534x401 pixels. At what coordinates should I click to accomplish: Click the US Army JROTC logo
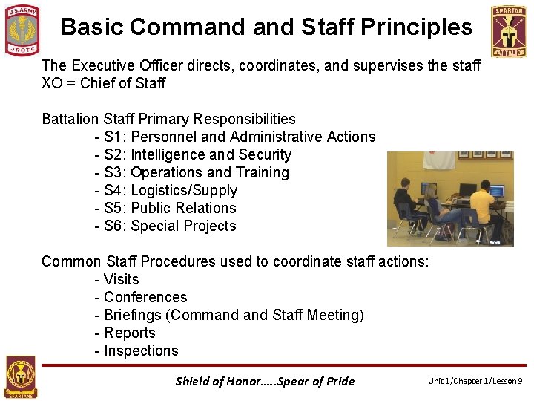coord(22,30)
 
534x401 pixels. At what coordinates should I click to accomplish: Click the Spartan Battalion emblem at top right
coord(508,30)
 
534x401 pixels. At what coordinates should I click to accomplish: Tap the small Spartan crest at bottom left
coord(21,377)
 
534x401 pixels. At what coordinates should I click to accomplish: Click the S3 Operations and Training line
coord(191,172)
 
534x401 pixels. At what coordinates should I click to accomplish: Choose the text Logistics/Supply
coord(184,190)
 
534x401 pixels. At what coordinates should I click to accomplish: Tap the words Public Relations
coord(183,208)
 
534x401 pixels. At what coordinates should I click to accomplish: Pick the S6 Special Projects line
coord(165,226)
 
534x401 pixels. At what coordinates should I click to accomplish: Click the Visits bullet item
coord(121,279)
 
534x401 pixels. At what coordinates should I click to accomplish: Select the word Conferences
coord(145,297)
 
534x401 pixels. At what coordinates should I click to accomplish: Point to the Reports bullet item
coord(129,333)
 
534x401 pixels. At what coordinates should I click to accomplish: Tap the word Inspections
coord(141,351)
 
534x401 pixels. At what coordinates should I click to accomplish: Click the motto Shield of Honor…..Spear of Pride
coord(265,381)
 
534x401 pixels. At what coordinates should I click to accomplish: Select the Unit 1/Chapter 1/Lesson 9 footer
coord(475,381)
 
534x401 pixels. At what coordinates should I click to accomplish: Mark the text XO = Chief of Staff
coord(104,83)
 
